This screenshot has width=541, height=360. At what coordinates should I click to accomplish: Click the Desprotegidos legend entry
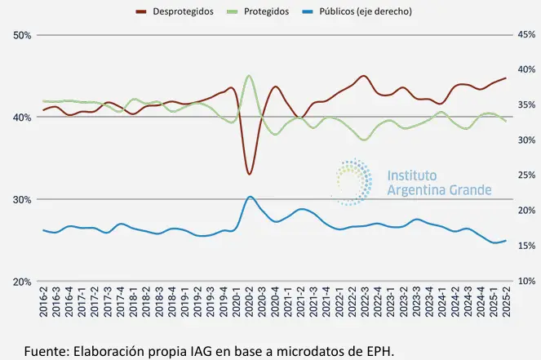[x=184, y=12]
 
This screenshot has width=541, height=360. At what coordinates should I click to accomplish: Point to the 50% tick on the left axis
[x=22, y=35]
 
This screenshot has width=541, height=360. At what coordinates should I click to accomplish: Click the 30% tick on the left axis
[x=22, y=199]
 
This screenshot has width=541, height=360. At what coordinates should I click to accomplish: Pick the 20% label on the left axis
[x=22, y=282]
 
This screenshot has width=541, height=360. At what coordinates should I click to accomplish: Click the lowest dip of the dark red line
[x=249, y=174]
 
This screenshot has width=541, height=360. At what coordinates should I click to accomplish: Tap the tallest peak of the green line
[x=249, y=76]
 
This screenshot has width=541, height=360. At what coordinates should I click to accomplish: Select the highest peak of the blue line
[x=250, y=197]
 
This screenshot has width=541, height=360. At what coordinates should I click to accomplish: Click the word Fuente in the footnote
[x=45, y=351]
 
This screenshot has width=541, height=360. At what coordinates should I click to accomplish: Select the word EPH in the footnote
[x=377, y=351]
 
